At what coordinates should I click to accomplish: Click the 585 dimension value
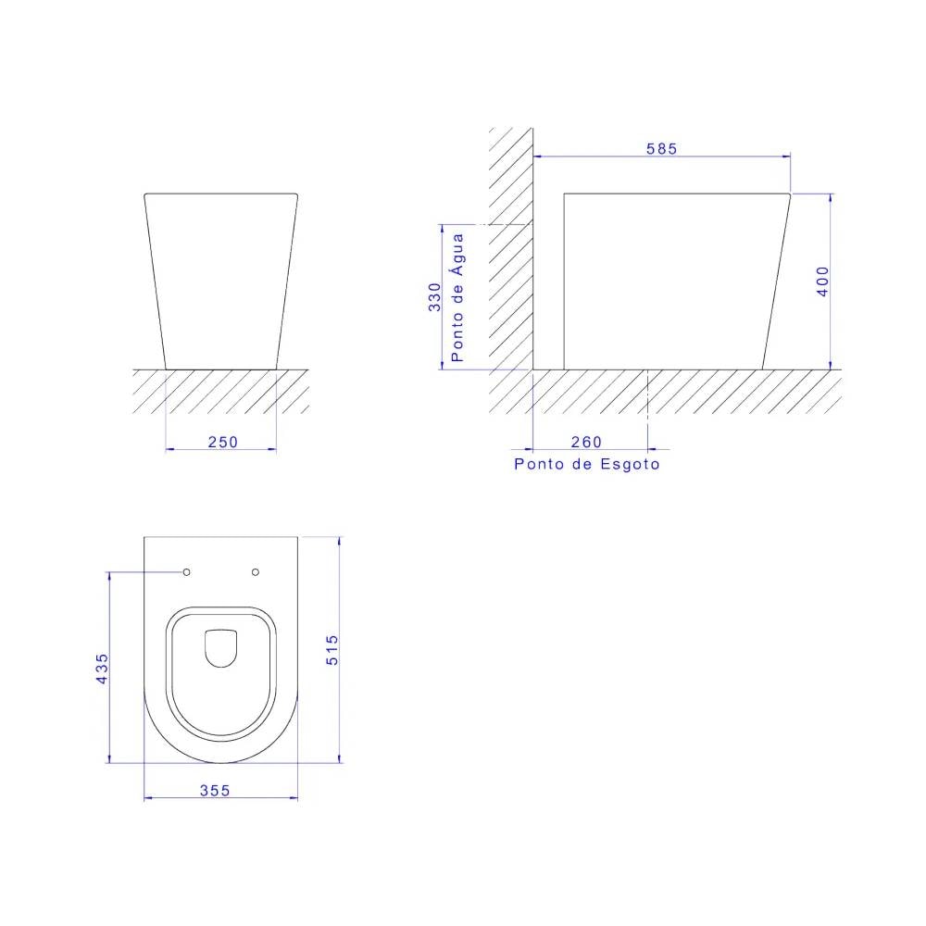click(661, 148)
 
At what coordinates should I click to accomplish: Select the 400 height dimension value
click(822, 282)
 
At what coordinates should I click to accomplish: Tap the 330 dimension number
click(434, 297)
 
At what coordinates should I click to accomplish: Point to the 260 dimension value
click(586, 442)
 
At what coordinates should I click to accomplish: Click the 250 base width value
click(222, 442)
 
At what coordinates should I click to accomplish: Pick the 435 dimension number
click(102, 669)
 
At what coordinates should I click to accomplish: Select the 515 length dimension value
click(332, 650)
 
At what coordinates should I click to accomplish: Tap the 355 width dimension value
click(215, 790)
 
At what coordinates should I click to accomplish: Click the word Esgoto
click(630, 464)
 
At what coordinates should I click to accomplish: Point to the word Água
click(457, 254)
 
